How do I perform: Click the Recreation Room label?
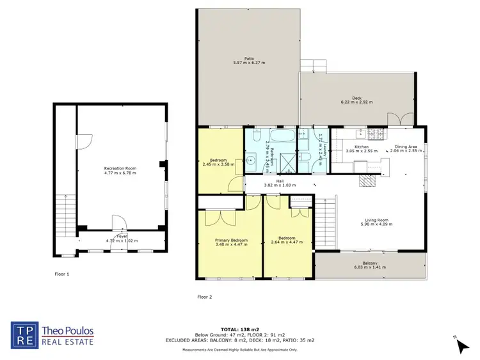pos(120,168)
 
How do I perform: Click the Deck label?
pos(356,98)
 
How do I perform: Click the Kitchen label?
pos(362,147)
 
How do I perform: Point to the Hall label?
pos(280,182)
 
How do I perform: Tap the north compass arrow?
pos(462,346)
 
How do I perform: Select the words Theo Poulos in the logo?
pos(68,332)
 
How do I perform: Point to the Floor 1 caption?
pos(61,274)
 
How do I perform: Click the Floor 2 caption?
pos(204,297)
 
